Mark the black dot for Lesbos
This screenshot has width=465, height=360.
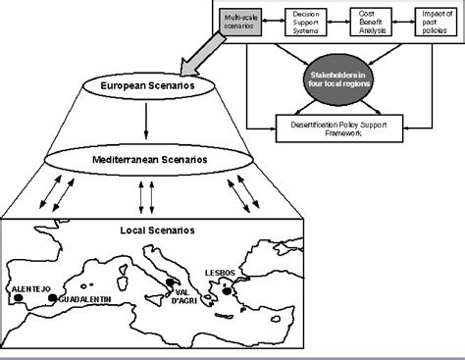tap(227, 289)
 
